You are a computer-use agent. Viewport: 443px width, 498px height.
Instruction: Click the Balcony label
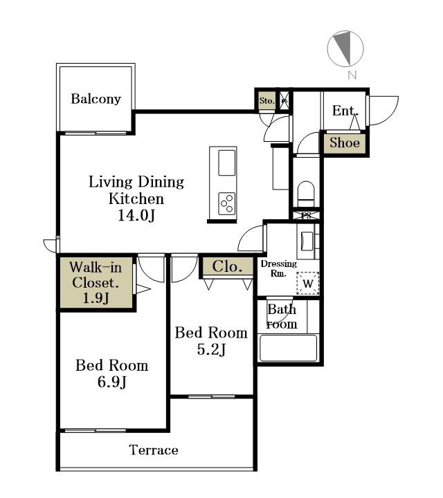(x=96, y=99)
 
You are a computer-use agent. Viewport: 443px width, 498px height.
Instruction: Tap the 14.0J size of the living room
(x=136, y=215)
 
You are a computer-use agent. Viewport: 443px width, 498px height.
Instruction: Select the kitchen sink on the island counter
(x=227, y=163)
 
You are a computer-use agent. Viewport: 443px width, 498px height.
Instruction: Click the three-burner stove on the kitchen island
(x=227, y=203)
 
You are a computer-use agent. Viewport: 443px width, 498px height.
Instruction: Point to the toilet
(x=306, y=194)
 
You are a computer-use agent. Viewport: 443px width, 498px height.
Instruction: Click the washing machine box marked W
(x=308, y=284)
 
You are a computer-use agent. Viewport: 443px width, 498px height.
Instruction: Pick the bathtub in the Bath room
(x=289, y=348)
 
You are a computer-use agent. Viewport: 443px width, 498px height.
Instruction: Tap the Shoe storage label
(x=345, y=142)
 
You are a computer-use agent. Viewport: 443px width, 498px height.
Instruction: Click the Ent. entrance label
(x=345, y=111)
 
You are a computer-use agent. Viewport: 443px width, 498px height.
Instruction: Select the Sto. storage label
(x=267, y=101)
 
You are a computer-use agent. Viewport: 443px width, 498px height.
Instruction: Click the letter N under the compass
(x=352, y=75)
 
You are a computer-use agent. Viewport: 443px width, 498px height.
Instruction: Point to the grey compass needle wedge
(x=345, y=48)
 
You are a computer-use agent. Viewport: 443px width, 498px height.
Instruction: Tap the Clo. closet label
(x=228, y=267)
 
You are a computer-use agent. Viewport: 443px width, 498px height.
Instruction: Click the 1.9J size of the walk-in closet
(x=96, y=298)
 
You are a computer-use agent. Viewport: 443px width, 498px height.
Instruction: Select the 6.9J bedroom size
(x=112, y=382)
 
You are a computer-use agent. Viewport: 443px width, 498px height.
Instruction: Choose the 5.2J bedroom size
(x=211, y=349)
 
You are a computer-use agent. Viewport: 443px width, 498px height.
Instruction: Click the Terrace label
(x=154, y=450)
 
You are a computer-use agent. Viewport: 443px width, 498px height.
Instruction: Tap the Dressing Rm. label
(x=279, y=268)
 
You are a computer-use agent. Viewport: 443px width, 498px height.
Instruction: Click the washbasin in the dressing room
(x=307, y=241)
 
